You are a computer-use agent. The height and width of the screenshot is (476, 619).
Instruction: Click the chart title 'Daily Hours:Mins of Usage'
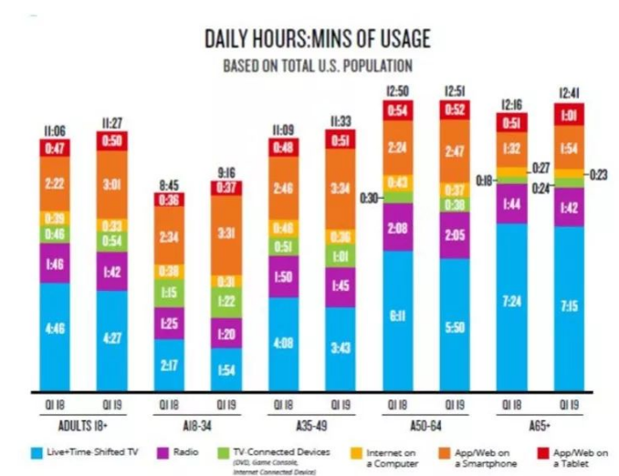point(317,39)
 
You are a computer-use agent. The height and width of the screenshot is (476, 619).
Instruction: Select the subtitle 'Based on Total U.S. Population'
point(317,66)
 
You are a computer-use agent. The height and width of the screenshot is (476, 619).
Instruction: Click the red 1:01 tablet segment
point(569,116)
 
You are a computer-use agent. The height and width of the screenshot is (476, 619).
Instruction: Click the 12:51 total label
point(455,91)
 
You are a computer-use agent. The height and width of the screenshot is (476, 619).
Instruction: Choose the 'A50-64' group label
point(425,424)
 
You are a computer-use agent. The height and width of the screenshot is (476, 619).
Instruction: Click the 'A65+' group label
point(540,424)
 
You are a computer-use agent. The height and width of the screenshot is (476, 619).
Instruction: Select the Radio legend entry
point(174,452)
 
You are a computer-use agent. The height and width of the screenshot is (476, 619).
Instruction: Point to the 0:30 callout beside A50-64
point(370,197)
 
